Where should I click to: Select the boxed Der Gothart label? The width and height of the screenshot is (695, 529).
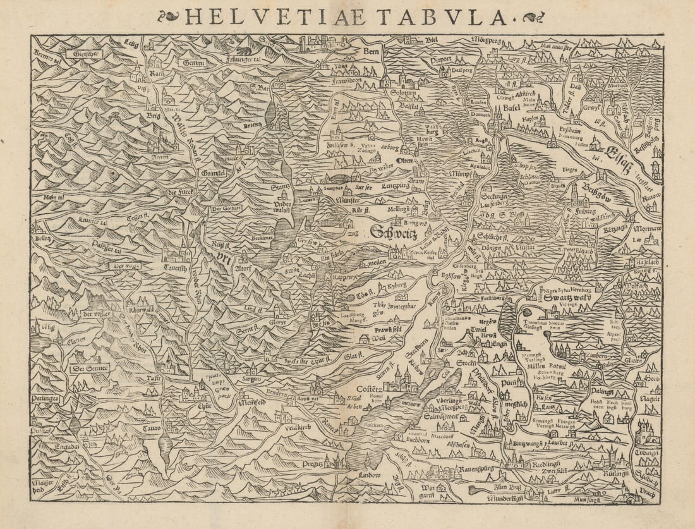(225, 210)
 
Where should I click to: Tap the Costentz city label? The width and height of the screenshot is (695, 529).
(367, 389)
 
